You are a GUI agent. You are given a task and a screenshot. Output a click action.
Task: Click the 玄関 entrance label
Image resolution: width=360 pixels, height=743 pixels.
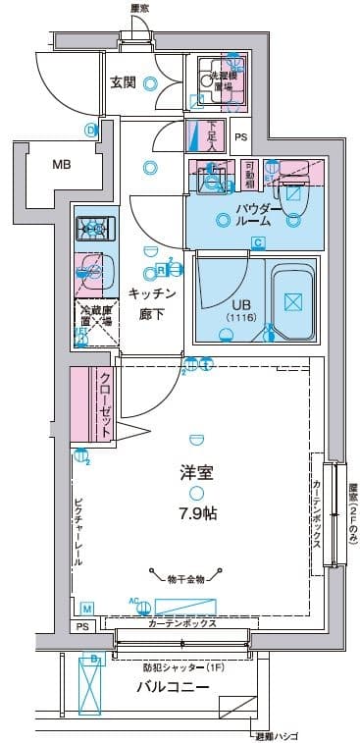click(x=123, y=81)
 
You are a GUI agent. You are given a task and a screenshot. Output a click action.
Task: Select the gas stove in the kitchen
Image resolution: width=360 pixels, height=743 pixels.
click(x=94, y=229)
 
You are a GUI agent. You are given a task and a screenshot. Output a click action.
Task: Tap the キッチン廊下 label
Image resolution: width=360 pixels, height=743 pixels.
click(x=151, y=301)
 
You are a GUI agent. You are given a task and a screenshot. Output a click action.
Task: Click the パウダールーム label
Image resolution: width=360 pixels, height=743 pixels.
click(x=260, y=215)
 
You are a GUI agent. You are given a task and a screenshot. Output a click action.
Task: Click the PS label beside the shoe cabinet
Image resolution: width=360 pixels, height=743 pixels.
click(x=241, y=137)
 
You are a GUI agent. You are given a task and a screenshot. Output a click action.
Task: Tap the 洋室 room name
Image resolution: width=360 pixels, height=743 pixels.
click(x=197, y=472)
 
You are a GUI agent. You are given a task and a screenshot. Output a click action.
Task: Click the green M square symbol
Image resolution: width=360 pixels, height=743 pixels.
click(x=86, y=609)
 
